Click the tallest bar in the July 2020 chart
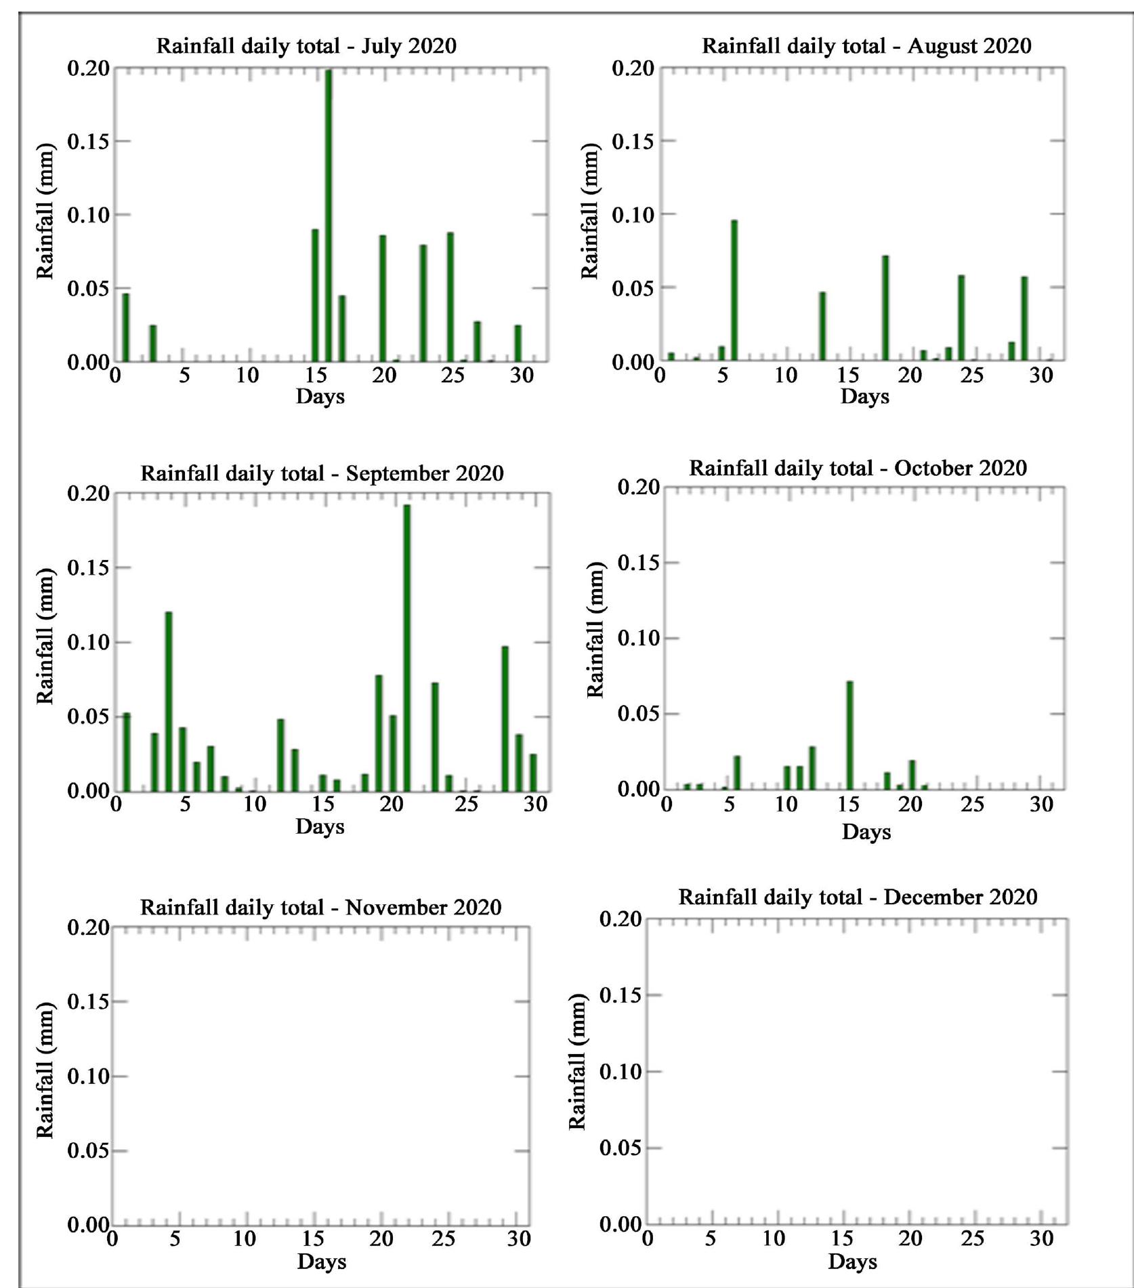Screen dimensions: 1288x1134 (x=329, y=217)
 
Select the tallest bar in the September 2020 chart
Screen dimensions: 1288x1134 (x=407, y=647)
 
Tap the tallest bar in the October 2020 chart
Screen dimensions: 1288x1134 (x=849, y=736)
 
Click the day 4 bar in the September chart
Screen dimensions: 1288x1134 (x=169, y=702)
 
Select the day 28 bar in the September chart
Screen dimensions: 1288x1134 (x=505, y=719)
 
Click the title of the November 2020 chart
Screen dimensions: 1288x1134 (x=320, y=907)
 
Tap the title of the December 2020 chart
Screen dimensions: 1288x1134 (x=858, y=897)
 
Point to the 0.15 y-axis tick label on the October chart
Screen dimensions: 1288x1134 (x=638, y=563)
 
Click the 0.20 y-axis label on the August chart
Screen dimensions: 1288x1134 (x=633, y=68)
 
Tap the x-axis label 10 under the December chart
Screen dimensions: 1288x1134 (x=774, y=1239)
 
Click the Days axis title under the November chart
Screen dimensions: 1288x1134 (x=321, y=1262)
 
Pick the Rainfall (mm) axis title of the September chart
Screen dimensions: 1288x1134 (x=45, y=637)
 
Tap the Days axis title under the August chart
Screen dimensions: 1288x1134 (x=864, y=397)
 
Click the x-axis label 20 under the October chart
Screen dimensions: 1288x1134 (x=910, y=805)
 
